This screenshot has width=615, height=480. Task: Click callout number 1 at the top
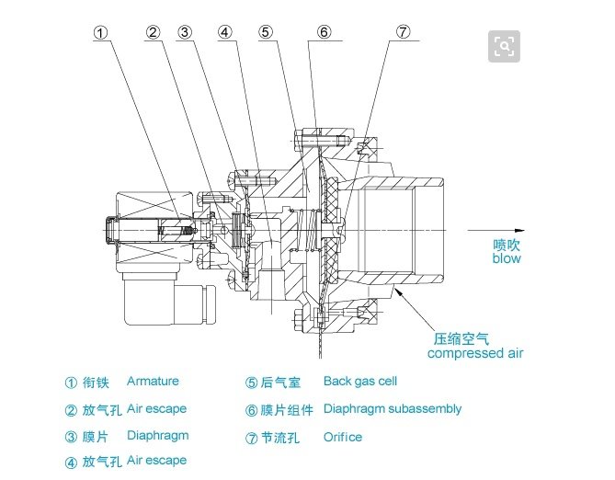[101, 33]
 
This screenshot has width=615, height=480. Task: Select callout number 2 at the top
[153, 32]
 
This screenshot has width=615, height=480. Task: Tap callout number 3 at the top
[185, 32]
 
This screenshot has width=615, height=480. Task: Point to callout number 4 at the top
[224, 32]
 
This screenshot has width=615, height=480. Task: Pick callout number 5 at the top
[266, 32]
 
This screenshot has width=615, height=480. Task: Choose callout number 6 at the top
[324, 32]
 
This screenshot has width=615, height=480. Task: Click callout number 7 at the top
[404, 32]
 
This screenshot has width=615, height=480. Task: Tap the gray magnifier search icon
[504, 46]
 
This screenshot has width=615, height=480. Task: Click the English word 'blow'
[507, 258]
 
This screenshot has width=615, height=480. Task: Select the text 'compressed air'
[475, 353]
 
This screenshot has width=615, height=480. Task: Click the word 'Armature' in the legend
[153, 381]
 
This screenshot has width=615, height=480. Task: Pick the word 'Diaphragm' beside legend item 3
[158, 436]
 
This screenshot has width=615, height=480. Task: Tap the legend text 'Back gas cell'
[360, 381]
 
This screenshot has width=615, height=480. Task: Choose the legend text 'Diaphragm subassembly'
[393, 409]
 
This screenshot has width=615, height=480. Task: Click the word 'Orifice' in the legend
[343, 437]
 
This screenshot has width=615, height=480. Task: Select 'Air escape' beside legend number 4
[157, 461]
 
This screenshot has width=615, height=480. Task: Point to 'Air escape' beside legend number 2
[157, 409]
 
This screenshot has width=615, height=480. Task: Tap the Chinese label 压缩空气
[461, 339]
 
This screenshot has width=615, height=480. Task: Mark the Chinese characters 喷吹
[507, 245]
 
